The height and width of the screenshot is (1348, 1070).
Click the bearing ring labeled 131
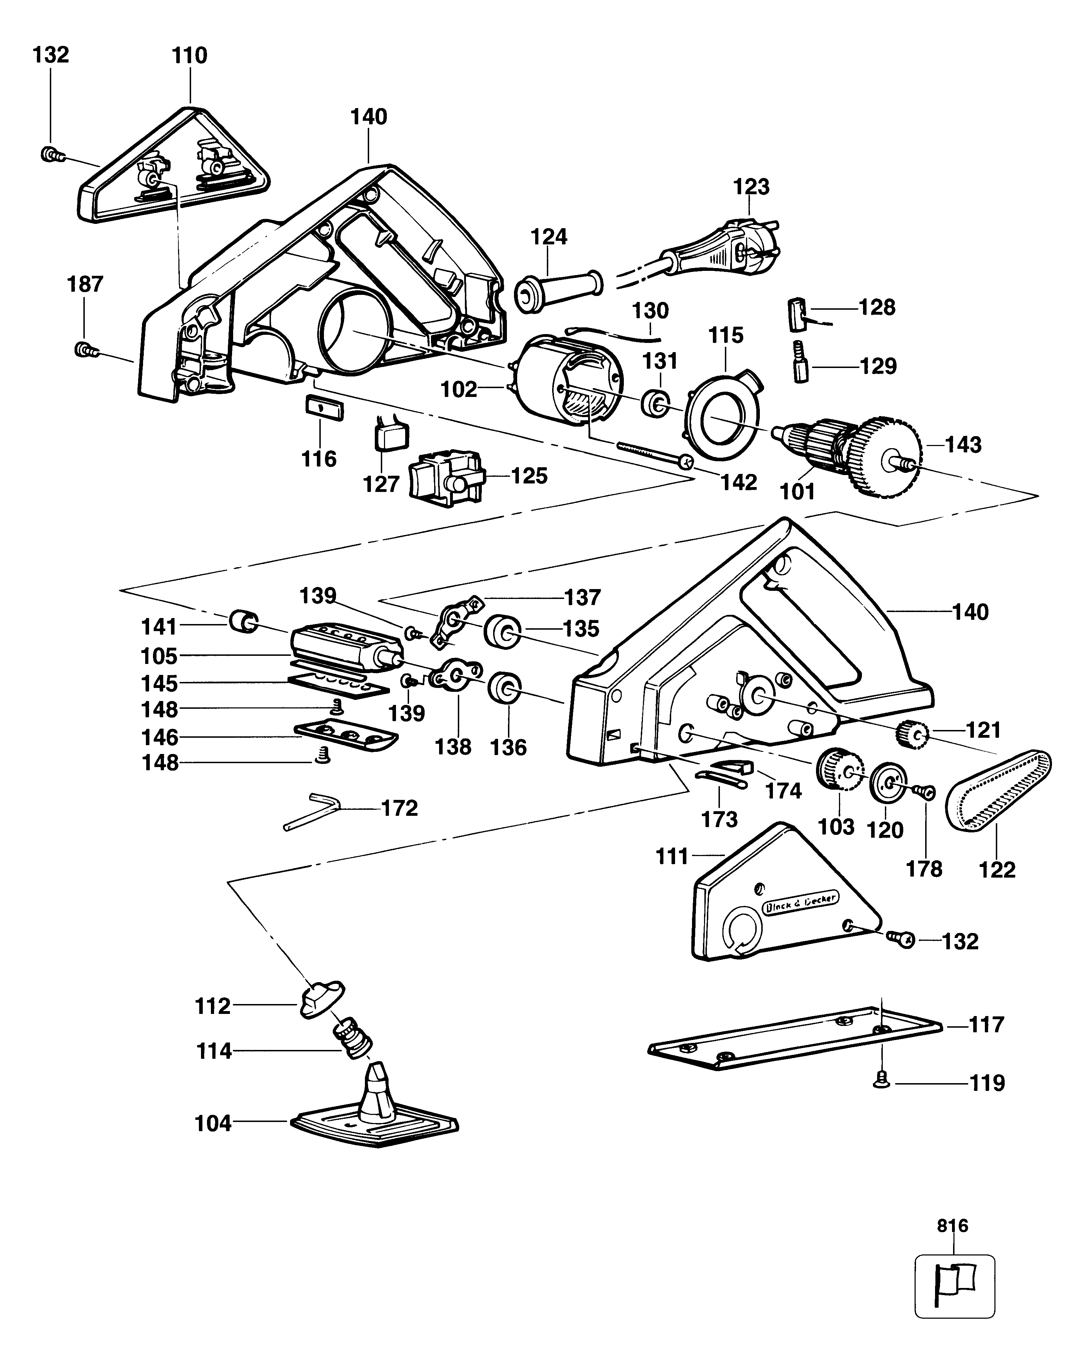pos(655,402)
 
